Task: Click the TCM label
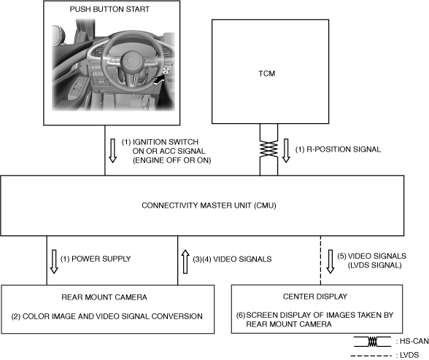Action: point(267,74)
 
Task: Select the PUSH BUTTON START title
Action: point(109,9)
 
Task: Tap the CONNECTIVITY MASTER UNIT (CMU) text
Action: point(209,206)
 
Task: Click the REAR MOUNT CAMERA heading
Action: point(104,297)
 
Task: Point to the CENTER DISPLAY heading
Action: point(315,297)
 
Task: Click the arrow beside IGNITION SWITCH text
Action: point(112,151)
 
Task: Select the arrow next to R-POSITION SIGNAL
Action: point(286,151)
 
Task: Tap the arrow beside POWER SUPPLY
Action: point(54,262)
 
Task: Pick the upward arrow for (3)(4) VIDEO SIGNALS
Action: point(185,262)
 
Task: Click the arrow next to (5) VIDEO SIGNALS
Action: point(331,262)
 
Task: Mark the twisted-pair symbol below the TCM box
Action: point(268,149)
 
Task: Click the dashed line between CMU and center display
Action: point(321,260)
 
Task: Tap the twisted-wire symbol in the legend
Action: point(372,342)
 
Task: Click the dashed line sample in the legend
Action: point(371,356)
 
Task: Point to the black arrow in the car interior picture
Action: point(159,80)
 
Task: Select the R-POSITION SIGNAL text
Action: point(344,149)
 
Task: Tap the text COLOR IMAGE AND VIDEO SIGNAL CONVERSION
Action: point(112,316)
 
